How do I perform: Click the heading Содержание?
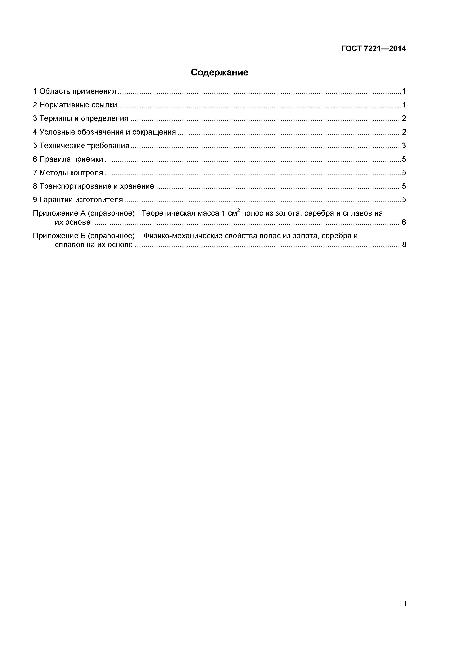tap(219, 72)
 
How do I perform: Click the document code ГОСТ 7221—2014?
tap(373, 49)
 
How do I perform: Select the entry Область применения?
tap(78, 91)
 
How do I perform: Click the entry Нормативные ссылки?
tap(78, 105)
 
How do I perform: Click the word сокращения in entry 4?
tap(154, 132)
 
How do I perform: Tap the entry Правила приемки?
tap(71, 159)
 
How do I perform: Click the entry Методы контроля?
tap(71, 173)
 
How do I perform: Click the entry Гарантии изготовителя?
tap(81, 200)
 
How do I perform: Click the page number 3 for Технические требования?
tap(404, 146)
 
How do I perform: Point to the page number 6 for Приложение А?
tap(404, 222)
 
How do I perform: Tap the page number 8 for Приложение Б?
tap(404, 245)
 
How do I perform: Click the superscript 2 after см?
tap(239, 210)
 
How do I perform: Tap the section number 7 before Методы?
tap(35, 173)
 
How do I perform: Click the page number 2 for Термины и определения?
tap(404, 118)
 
